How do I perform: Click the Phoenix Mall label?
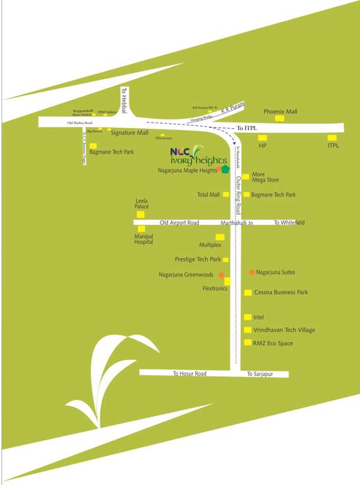[x=280, y=111]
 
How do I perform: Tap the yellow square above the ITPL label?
[x=332, y=138]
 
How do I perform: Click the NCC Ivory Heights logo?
[x=198, y=155]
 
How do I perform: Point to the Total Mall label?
[x=208, y=195]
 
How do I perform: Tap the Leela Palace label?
[x=141, y=204]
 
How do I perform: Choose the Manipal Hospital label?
[x=143, y=239]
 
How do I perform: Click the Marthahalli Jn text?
[x=237, y=223]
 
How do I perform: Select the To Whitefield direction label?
[x=289, y=223]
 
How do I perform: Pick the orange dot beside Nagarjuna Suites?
[x=252, y=272]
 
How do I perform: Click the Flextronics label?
[x=215, y=288]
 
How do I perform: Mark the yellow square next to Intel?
[x=248, y=317]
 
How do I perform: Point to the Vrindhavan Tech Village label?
[x=284, y=330]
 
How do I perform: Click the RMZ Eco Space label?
[x=273, y=343]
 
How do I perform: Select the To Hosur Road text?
[x=189, y=374]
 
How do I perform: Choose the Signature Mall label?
[x=129, y=133]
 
